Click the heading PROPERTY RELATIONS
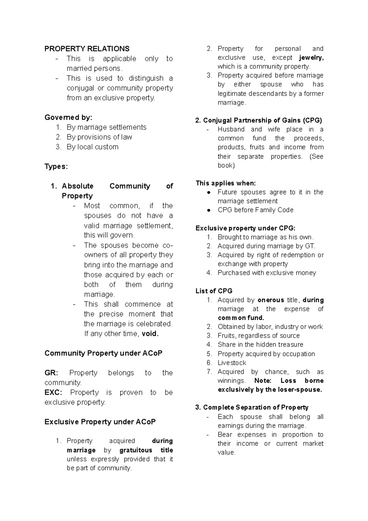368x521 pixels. (x=87, y=49)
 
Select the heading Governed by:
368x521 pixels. (x=68, y=118)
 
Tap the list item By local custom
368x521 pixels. (x=92, y=147)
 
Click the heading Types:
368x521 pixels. (x=56, y=167)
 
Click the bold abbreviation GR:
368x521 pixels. (x=51, y=373)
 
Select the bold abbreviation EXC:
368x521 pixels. (x=53, y=393)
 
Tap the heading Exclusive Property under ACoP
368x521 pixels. (x=100, y=422)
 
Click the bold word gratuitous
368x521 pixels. (x=136, y=450)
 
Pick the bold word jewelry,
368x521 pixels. (x=311, y=58)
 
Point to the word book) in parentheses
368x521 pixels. (x=226, y=165)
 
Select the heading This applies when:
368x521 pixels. (x=226, y=183)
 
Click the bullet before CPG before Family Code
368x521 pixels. (x=209, y=210)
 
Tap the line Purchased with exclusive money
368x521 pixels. (x=266, y=273)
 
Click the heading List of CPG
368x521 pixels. (x=214, y=291)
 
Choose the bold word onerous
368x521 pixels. (x=271, y=300)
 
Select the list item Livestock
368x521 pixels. (x=232, y=363)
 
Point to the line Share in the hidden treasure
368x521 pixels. (x=260, y=345)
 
